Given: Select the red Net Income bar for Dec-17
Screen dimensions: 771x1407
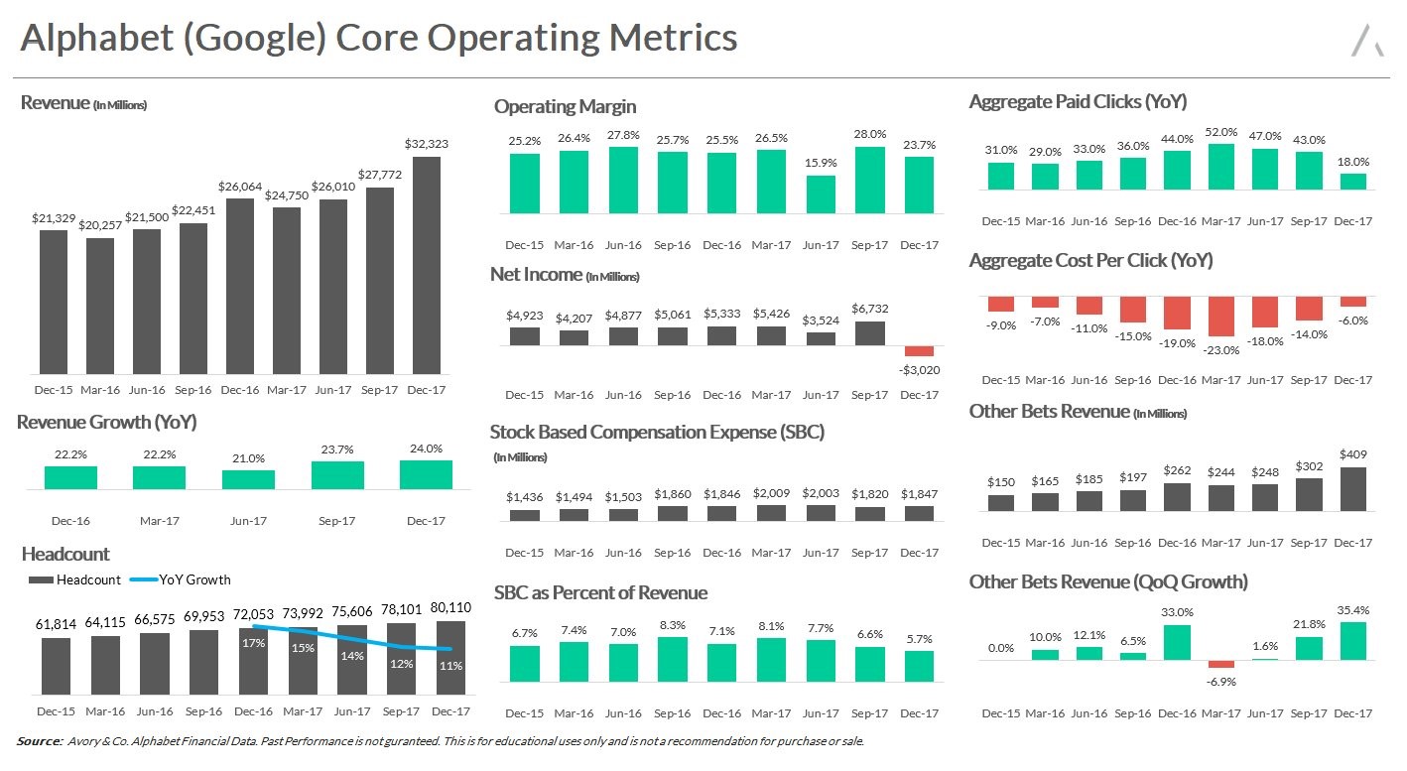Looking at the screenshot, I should click(x=920, y=351).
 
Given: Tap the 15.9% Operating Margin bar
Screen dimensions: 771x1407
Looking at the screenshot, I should click(x=821, y=194).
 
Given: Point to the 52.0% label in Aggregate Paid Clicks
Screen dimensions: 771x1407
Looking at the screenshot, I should click(x=1221, y=132).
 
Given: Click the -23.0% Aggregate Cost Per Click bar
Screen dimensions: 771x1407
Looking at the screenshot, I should click(x=1221, y=317).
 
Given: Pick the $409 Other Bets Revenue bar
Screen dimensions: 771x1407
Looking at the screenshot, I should click(x=1352, y=489).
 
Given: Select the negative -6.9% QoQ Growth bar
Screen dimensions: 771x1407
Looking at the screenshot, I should click(x=1221, y=664).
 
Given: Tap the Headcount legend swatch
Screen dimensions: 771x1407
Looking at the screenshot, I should click(x=41, y=579).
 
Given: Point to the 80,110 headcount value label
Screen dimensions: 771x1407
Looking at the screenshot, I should click(x=449, y=607).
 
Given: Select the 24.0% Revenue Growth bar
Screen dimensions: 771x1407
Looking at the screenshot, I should click(x=426, y=474).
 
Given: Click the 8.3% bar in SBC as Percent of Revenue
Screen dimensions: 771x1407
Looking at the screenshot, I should click(x=673, y=659).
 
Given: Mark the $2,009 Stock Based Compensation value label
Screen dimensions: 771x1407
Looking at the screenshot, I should click(x=771, y=493).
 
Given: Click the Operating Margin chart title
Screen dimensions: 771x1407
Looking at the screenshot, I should click(x=565, y=106).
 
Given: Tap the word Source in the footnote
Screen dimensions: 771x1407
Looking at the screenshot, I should click(x=40, y=741).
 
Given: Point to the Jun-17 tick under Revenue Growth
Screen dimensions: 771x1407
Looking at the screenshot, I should click(x=248, y=520).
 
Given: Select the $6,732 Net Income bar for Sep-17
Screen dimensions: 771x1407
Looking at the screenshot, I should click(x=870, y=333).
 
